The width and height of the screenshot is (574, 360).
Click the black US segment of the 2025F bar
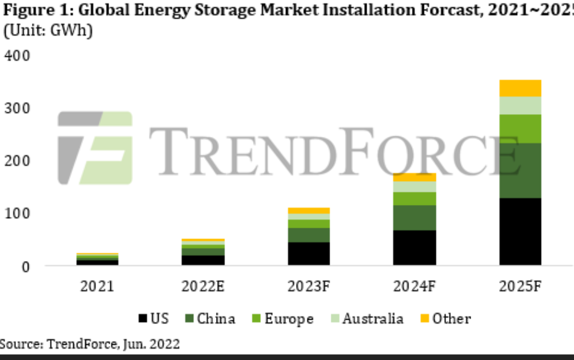point(520,231)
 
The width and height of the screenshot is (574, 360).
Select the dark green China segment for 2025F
point(520,170)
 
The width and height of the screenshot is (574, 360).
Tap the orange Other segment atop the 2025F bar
point(520,88)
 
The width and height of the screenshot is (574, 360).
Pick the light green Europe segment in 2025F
point(520,128)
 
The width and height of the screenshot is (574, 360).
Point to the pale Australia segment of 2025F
point(520,105)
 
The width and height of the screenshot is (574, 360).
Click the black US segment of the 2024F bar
point(414,248)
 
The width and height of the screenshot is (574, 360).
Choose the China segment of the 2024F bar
point(414,217)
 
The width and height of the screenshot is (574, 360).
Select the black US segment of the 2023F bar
point(309,253)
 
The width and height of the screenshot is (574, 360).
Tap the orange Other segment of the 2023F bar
point(309,211)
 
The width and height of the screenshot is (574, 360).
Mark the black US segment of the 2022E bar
point(203,259)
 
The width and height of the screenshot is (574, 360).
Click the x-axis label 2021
point(97,286)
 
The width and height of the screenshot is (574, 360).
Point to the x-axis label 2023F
point(309,286)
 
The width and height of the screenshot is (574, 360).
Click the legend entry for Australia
point(373,319)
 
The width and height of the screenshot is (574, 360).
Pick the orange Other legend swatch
point(424,319)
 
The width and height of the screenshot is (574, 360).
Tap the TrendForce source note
point(91,344)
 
